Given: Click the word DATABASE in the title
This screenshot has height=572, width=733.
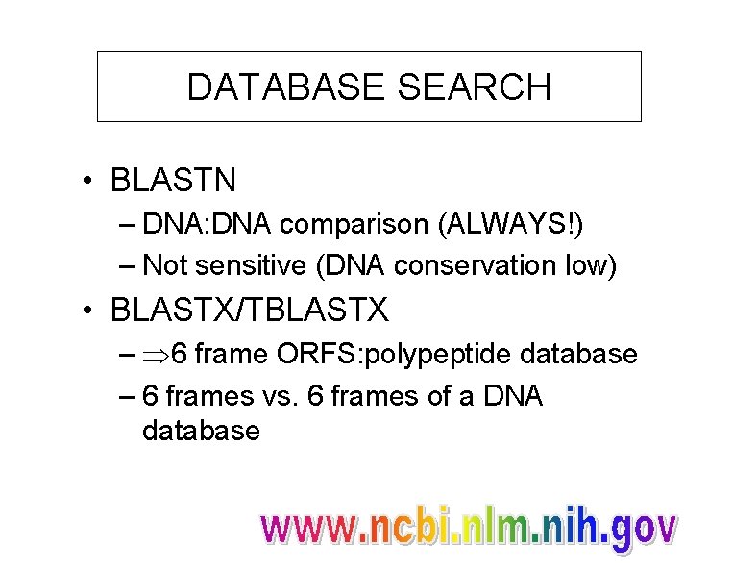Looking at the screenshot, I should point(286,87).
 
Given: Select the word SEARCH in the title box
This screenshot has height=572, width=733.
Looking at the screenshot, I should point(474,87).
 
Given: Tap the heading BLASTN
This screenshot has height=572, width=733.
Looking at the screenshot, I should point(174,179).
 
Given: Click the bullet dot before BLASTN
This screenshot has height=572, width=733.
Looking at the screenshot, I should point(88,180).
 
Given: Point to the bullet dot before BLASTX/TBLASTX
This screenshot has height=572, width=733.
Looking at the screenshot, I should point(88,311).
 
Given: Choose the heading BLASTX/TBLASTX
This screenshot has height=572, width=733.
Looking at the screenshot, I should point(250,310).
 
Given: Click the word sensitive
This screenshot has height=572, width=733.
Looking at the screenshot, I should point(247,265).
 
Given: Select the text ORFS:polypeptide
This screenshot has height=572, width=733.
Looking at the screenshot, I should point(396,355).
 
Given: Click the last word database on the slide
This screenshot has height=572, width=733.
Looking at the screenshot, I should point(201,431).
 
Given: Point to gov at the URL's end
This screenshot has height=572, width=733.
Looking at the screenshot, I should point(645,531).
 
